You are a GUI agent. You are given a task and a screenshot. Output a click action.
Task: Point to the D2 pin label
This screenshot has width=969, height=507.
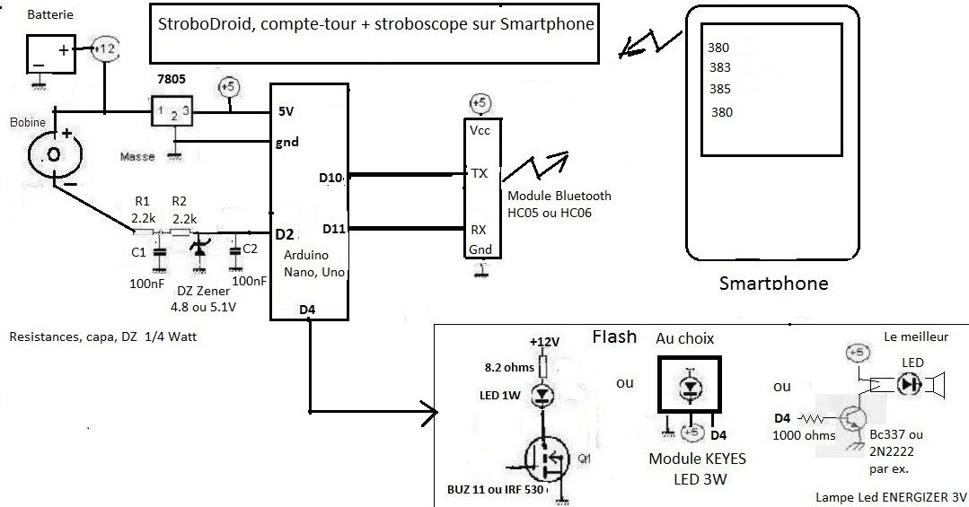[285, 234]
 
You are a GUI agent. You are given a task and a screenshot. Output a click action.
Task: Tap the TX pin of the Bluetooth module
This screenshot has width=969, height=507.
[479, 173]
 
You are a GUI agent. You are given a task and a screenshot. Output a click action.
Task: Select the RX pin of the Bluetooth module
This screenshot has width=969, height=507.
[479, 229]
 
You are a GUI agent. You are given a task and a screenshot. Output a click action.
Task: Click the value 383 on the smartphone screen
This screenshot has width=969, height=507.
[719, 67]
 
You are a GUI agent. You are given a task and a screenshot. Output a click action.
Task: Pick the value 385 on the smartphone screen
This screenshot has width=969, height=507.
[719, 89]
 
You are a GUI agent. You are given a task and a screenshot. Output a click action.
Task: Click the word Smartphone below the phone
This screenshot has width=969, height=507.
[773, 284]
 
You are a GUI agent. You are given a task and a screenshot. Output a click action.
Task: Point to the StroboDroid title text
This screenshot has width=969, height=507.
[374, 24]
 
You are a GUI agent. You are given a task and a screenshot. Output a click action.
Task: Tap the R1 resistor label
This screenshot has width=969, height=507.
[140, 201]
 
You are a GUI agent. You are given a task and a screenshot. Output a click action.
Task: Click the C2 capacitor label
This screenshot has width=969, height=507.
[250, 248]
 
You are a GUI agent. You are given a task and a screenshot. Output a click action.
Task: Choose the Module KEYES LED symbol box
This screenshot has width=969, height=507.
[688, 387]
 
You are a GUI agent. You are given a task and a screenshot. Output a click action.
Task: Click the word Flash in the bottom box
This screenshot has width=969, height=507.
[614, 337]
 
